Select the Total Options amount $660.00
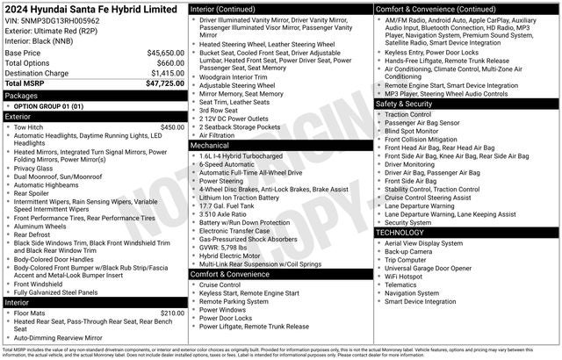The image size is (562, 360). pos(170,63)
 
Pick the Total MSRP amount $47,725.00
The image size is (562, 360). pos(162,83)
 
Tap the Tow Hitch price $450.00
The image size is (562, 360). pos(172,127)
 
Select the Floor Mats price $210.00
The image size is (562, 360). pos(172,313)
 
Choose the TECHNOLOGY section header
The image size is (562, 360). pos(404,233)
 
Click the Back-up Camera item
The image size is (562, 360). pos(408,252)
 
